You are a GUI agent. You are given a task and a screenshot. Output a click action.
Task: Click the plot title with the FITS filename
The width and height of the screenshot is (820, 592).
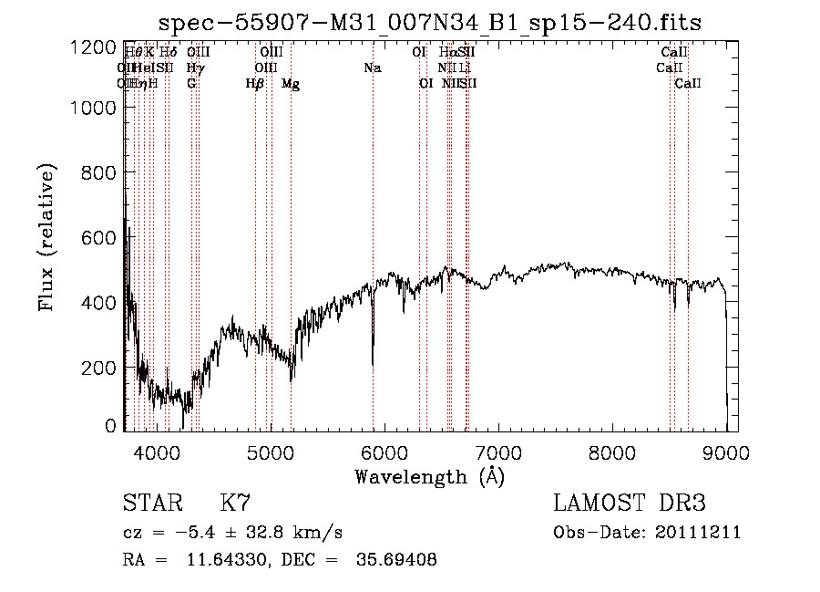click(429, 22)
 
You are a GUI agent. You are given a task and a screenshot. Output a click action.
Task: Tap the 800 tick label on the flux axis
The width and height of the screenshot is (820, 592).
click(95, 172)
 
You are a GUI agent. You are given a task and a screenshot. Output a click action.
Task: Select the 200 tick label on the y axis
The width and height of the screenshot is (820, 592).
click(95, 367)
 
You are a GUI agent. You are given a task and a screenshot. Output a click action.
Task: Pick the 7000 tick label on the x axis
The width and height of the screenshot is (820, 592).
click(498, 451)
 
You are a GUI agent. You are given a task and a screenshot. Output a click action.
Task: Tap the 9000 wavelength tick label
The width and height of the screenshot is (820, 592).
click(726, 451)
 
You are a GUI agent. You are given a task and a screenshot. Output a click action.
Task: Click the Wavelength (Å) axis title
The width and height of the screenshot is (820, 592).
click(429, 476)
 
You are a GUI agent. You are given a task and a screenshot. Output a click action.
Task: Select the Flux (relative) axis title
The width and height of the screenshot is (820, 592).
click(46, 237)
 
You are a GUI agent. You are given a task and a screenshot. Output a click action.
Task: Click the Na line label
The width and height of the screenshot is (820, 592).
click(372, 68)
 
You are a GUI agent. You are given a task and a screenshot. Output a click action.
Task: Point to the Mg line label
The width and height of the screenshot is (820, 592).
click(291, 84)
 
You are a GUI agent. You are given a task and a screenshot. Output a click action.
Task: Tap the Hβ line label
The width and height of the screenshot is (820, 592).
click(255, 84)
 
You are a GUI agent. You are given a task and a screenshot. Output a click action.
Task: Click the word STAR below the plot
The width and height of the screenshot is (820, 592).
click(150, 504)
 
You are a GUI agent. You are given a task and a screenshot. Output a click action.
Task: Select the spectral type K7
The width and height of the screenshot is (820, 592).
click(235, 504)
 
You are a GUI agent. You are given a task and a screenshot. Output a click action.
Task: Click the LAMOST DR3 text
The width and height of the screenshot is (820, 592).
click(630, 504)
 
